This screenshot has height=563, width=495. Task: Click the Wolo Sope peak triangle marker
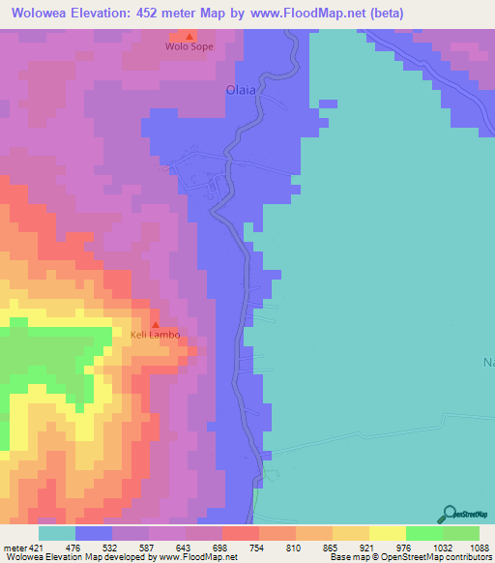coord(189,35)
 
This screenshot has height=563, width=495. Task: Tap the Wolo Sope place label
coord(189,46)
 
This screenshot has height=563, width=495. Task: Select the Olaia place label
coord(241,90)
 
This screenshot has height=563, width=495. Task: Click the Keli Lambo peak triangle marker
coord(156,325)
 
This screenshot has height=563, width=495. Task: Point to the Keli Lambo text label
coord(156,336)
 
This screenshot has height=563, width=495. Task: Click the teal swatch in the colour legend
coord(56,533)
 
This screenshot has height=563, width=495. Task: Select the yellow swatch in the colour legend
coord(387,533)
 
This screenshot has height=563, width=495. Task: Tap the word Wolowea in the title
coord(40,14)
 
